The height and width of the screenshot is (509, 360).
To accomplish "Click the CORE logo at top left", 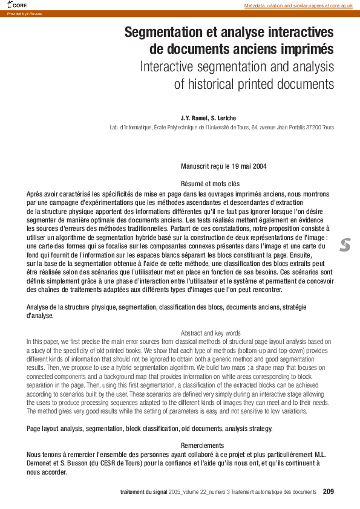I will point(18,5).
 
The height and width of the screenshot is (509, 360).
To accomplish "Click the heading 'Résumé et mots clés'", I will point(211,183).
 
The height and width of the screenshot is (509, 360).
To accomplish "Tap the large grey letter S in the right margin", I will point(345,245).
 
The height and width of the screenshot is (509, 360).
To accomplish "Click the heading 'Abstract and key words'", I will point(211,333).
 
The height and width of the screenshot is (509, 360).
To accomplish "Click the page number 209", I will point(329,491).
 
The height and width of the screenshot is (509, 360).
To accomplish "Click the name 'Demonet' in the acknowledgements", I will point(42,462).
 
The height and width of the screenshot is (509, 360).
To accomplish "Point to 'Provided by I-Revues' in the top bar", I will point(25,13).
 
